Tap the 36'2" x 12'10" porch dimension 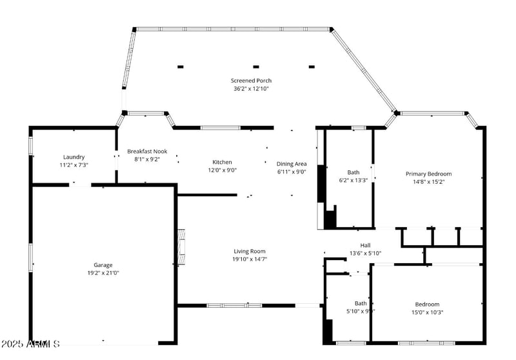click(250, 88)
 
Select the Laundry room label click(74, 157)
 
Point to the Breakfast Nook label click(147, 151)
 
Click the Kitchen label click(222, 162)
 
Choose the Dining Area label click(292, 164)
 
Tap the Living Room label click(249, 251)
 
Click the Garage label click(103, 265)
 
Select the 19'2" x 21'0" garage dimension click(103, 273)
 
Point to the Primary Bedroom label click(428, 174)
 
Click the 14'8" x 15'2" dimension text click(428, 182)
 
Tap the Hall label click(365, 245)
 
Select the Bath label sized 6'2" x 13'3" click(353, 172)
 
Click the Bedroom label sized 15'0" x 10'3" click(427, 304)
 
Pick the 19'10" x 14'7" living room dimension click(249, 259)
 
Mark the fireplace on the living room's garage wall click(181, 247)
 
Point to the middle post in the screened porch click(256, 66)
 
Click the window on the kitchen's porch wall click(220, 128)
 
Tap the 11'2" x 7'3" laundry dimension click(74, 165)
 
